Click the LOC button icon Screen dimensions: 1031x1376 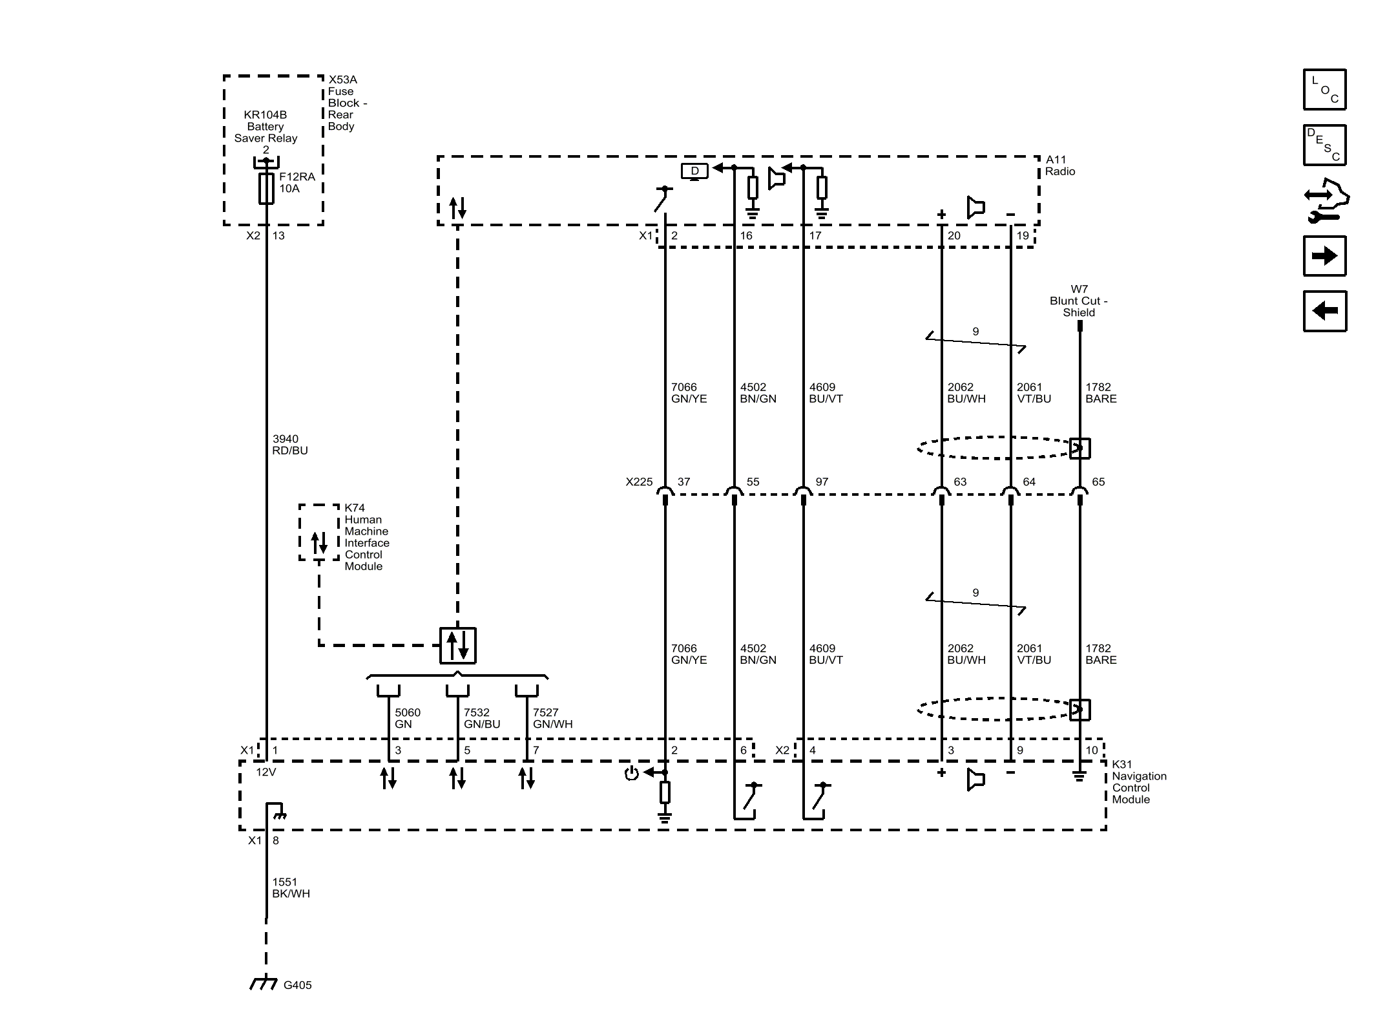click(1324, 90)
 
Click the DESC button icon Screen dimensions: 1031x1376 click(1324, 145)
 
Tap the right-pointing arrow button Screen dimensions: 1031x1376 click(1324, 256)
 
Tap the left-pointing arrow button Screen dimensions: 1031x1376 click(1324, 311)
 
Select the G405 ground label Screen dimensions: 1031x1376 click(297, 985)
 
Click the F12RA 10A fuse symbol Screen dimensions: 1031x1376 click(266, 188)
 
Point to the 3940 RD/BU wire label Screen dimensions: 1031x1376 click(290, 445)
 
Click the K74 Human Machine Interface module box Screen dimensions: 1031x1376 click(318, 533)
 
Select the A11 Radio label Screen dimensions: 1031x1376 click(1060, 165)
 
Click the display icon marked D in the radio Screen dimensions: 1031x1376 click(694, 171)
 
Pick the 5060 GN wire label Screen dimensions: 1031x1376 click(408, 718)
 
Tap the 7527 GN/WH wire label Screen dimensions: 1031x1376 click(552, 718)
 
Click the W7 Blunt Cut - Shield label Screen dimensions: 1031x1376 click(1079, 301)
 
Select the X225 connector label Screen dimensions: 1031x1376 click(639, 482)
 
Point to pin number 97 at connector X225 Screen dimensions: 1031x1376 click(822, 482)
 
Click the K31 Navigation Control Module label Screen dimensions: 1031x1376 click(1139, 782)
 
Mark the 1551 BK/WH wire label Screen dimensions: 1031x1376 click(291, 888)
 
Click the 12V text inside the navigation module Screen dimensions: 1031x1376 click(266, 772)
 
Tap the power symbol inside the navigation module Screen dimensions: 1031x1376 click(631, 774)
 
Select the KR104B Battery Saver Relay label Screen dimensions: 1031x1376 click(266, 127)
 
